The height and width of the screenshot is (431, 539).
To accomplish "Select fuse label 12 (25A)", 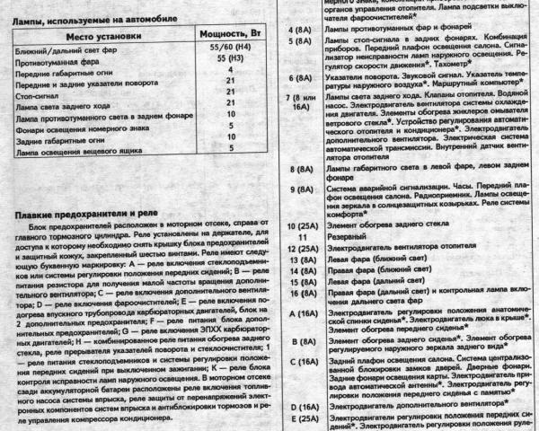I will tap(297, 249).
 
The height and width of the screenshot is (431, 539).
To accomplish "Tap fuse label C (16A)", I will tap(297, 362).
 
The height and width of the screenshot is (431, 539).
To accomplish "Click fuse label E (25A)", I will tap(297, 418).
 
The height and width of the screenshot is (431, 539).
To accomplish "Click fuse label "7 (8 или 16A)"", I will tap(297, 126).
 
